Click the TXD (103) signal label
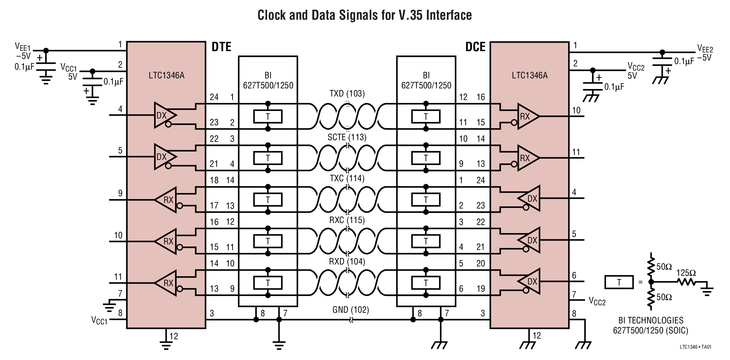(x=347, y=94)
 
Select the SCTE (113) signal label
(x=347, y=137)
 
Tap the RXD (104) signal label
(x=347, y=262)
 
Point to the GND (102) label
(x=351, y=310)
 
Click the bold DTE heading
(x=221, y=47)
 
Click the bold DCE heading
(x=475, y=47)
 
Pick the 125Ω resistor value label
(x=686, y=273)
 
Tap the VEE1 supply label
(x=22, y=47)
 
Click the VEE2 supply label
(x=705, y=49)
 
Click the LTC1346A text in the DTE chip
(x=166, y=75)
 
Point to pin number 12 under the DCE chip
(x=537, y=336)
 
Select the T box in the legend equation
(x=619, y=282)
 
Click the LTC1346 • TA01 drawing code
(x=695, y=347)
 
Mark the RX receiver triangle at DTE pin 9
(x=166, y=200)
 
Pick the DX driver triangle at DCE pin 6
(x=530, y=281)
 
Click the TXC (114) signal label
(x=347, y=178)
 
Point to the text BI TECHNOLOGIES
(x=651, y=321)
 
